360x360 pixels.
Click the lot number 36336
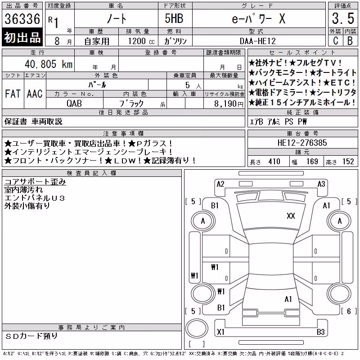tap(22, 19)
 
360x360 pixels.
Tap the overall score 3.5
tap(343, 18)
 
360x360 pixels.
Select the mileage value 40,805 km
tap(49, 64)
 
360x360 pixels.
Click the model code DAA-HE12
tap(257, 41)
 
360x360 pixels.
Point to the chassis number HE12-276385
tap(302, 143)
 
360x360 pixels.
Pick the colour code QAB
tap(74, 103)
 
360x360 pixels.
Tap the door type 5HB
tap(174, 18)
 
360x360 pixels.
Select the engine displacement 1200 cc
tap(141, 41)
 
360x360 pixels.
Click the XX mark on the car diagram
tap(291, 216)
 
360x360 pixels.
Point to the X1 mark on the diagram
tap(220, 332)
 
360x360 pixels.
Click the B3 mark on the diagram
tap(321, 332)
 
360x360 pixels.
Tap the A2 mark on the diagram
tap(220, 184)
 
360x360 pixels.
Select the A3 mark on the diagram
tap(321, 184)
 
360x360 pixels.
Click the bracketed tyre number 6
tap(349, 311)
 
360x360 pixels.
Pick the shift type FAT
tap(13, 94)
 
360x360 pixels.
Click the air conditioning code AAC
tap(35, 94)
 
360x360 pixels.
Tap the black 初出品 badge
tap(22, 37)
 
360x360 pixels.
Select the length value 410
tap(274, 162)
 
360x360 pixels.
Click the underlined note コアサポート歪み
tap(35, 182)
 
